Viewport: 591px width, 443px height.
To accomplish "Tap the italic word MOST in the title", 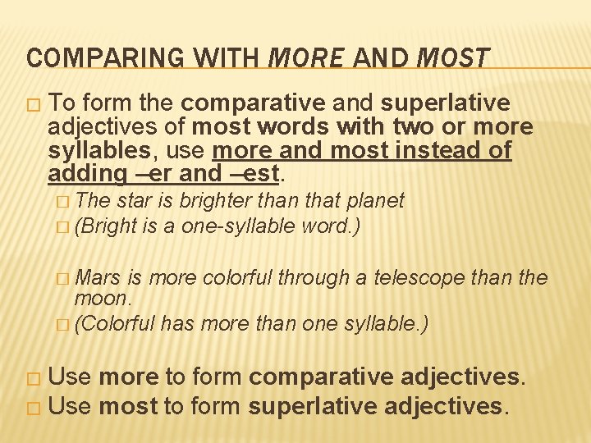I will pos(453,58).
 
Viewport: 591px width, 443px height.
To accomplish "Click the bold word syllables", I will pos(92,152).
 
